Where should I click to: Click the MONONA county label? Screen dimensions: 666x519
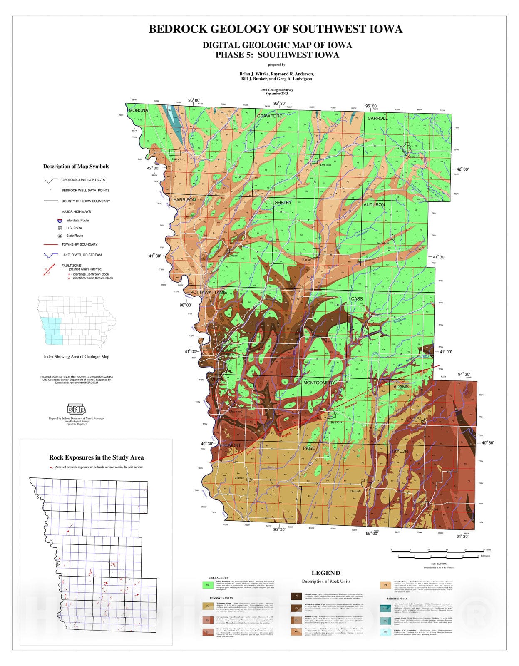[139, 110]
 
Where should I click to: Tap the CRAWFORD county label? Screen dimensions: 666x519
[270, 116]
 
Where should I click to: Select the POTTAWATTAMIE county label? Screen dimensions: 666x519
[209, 293]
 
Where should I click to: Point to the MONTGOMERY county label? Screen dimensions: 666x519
[319, 383]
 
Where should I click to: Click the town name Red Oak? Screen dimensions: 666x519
[336, 422]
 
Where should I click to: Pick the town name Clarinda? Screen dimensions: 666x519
[355, 491]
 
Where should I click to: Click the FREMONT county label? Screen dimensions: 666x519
[230, 445]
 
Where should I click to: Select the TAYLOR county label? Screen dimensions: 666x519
[399, 451]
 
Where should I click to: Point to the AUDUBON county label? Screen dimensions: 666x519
[374, 205]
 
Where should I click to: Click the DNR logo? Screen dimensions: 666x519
[76, 409]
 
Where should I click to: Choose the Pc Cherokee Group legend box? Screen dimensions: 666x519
[385, 585]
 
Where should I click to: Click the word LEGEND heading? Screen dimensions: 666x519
[326, 573]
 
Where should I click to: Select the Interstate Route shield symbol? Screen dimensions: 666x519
[60, 221]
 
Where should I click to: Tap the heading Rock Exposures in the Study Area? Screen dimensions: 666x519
[96, 457]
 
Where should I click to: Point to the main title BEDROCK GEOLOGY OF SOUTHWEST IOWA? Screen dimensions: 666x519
[276, 29]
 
